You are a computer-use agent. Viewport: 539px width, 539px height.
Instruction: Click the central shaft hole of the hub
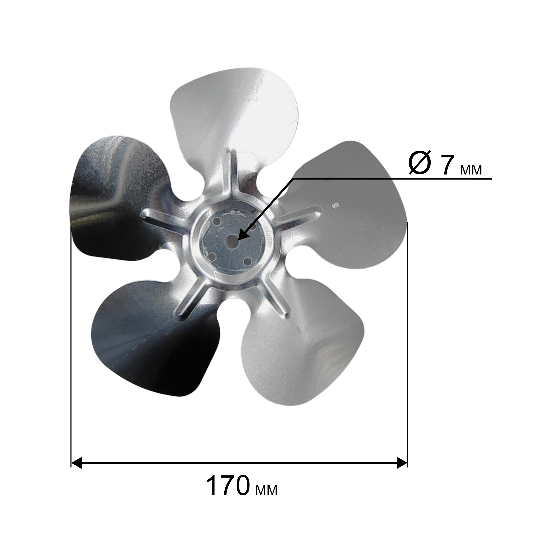[x=231, y=239]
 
